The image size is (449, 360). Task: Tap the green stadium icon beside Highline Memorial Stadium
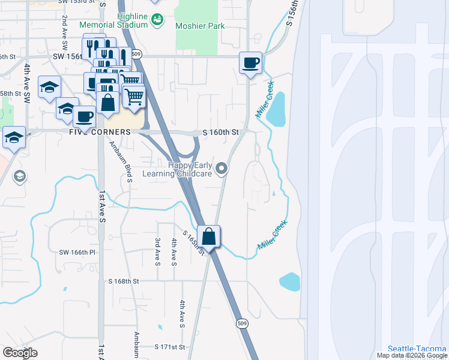(157, 20)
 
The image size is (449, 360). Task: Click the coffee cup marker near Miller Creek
(251, 62)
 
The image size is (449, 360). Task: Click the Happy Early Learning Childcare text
(177, 169)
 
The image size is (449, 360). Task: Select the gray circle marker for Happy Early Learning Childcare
(222, 169)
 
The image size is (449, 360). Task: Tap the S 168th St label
(124, 280)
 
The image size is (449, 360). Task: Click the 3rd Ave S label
(157, 251)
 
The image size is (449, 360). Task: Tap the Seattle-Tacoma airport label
(417, 348)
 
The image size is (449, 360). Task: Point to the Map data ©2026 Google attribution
(412, 355)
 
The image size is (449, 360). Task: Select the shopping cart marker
(135, 95)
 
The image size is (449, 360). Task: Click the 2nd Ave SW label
(64, 40)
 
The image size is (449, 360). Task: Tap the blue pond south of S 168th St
(289, 281)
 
